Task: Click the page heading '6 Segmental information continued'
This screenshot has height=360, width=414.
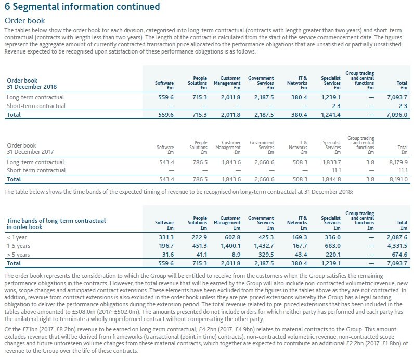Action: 82,7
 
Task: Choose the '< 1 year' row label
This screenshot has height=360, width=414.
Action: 17,237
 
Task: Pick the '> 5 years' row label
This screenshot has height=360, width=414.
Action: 18,255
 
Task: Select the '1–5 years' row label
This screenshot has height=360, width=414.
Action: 18,246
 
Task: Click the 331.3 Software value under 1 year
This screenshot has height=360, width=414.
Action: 165,237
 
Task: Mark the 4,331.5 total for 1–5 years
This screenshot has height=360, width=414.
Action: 397,246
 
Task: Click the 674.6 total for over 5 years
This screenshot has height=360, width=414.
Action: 399,255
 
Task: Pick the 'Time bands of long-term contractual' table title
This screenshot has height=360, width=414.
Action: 56,221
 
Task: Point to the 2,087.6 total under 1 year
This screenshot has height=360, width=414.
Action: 397,237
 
